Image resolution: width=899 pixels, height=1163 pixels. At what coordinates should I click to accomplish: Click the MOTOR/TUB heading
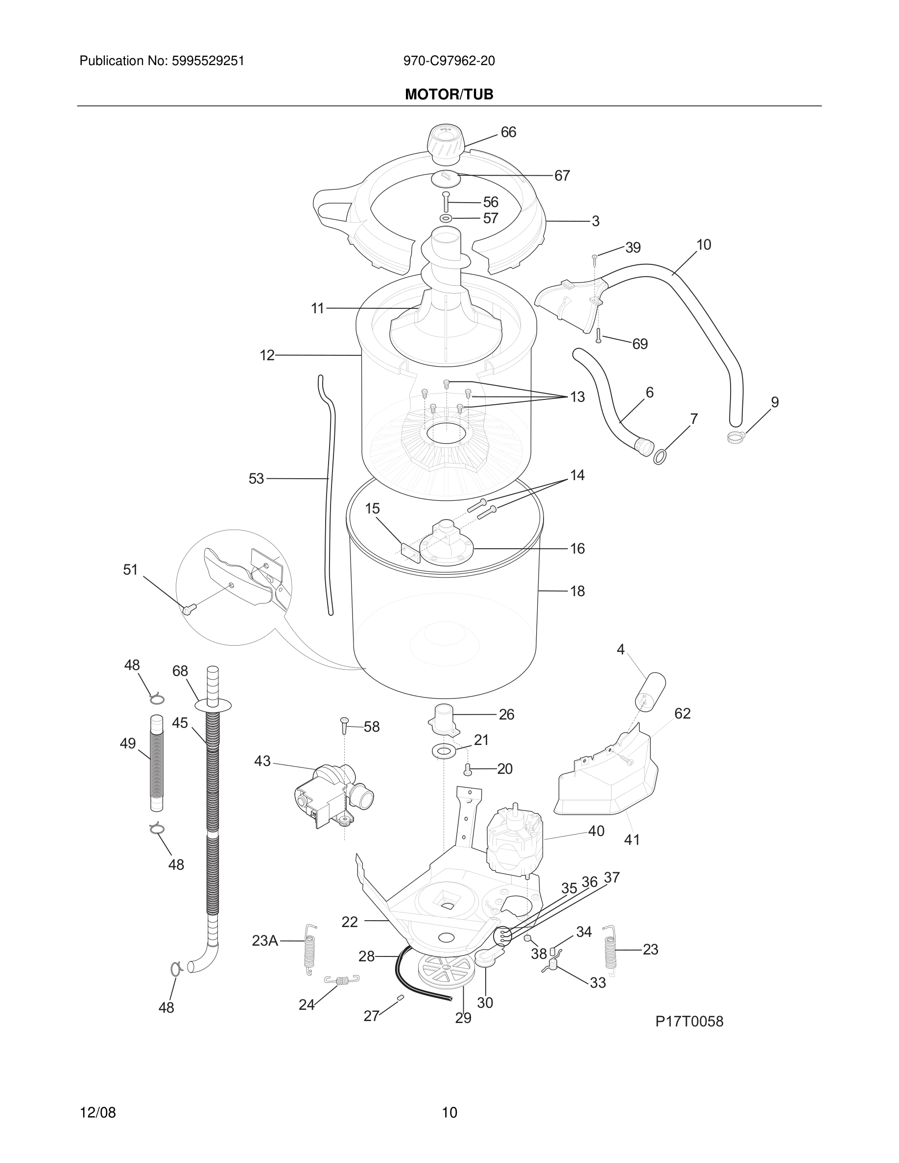coord(449,94)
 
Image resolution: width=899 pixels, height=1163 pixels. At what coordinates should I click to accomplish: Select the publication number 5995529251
coord(207,61)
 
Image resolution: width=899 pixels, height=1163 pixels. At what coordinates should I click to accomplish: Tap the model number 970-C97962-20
coord(449,61)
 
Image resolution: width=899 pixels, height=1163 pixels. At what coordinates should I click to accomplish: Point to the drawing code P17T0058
coord(689,1022)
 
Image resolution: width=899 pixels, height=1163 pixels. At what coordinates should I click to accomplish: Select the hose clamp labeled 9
coord(735,437)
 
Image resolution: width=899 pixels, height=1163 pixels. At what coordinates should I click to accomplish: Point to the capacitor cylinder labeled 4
coord(650,691)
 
